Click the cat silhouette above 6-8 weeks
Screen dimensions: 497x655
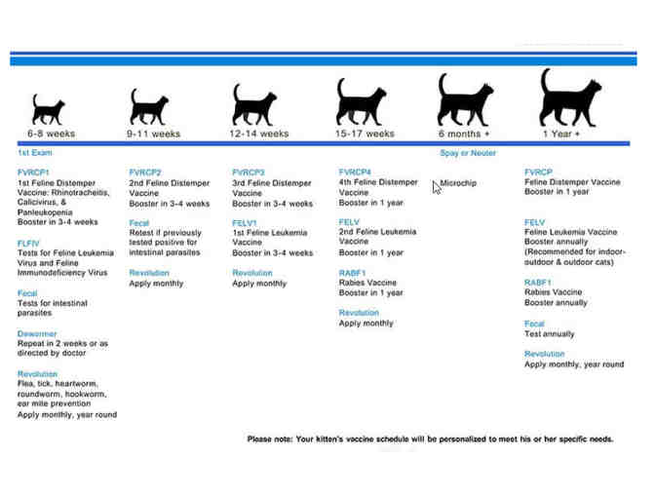click(x=50, y=109)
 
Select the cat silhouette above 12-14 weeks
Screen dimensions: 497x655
click(x=255, y=104)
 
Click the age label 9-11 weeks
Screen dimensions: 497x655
click(x=153, y=134)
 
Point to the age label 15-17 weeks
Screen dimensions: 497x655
click(x=365, y=134)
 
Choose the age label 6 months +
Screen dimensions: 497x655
click(x=464, y=134)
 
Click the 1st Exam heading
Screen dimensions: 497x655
click(x=35, y=153)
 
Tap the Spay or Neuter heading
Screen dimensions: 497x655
click(x=468, y=153)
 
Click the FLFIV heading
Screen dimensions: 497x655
click(x=28, y=244)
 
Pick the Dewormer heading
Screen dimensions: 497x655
click(x=38, y=333)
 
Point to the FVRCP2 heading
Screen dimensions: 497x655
click(x=145, y=172)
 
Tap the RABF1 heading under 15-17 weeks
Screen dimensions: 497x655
click(x=352, y=273)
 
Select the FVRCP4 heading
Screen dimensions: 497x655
click(x=355, y=172)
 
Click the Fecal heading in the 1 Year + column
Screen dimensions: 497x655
click(x=534, y=324)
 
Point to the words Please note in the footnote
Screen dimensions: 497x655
click(x=274, y=439)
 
